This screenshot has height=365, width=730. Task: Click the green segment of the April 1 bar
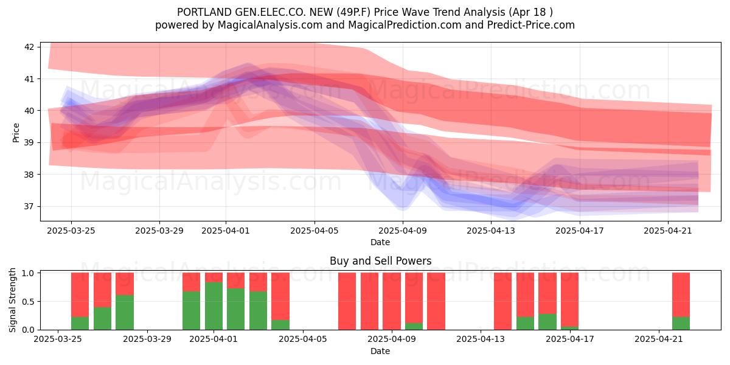click(214, 306)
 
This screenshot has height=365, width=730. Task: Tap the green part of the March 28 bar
click(125, 313)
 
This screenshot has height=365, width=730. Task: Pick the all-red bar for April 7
click(347, 301)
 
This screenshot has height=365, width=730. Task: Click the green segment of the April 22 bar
click(681, 323)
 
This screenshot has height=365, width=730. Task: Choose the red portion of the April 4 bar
click(280, 296)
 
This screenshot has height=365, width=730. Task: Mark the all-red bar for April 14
click(503, 301)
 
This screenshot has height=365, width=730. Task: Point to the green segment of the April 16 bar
click(547, 322)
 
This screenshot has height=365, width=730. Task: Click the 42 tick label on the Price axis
click(29, 47)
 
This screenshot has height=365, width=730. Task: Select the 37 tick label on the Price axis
click(29, 206)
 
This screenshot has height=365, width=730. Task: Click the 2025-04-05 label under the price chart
click(315, 231)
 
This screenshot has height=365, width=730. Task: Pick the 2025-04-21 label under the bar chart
click(659, 339)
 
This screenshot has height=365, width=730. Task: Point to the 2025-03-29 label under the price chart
click(159, 231)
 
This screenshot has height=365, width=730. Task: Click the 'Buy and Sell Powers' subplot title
click(380, 261)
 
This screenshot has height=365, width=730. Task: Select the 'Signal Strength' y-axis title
click(12, 300)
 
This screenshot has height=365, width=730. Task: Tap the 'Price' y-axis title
click(16, 133)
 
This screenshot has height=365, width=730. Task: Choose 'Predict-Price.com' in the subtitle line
click(531, 25)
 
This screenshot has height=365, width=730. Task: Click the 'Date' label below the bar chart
click(380, 351)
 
